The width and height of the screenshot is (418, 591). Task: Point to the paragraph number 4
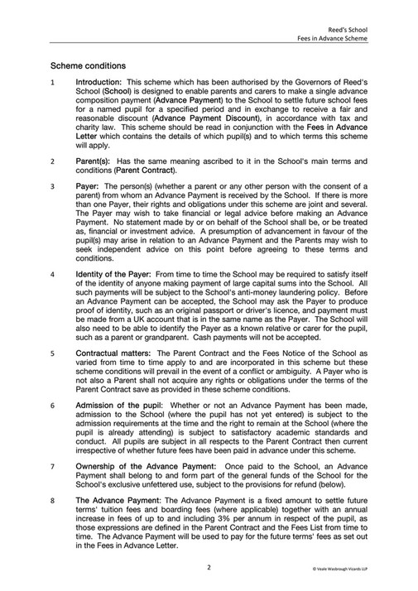coord(53,273)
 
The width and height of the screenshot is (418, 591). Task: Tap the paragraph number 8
coord(53,524)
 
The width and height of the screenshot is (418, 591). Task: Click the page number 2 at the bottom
coord(209,568)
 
